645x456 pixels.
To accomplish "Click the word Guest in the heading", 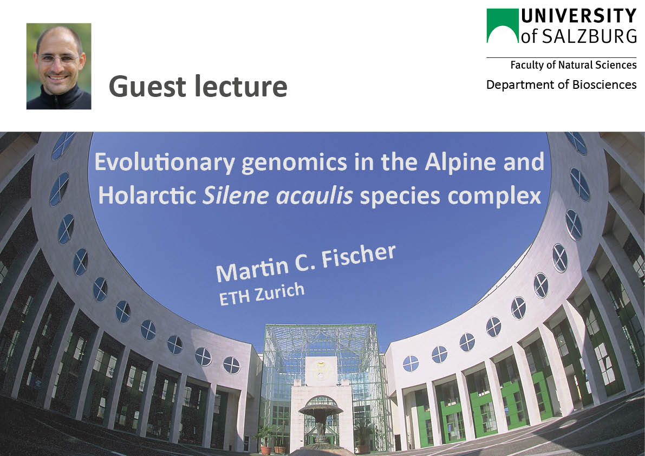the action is [147, 87].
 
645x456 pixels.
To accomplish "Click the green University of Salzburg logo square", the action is [502, 25].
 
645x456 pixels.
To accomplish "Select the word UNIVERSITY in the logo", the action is [579, 16].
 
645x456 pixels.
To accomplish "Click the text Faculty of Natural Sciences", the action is [574, 65].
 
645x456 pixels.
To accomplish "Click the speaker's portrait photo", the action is [59, 66].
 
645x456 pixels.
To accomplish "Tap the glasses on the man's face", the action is [58, 58].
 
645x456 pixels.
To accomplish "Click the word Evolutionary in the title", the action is [165, 162].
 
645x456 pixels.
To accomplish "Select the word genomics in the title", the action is [294, 163].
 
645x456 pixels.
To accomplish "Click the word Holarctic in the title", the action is [147, 195].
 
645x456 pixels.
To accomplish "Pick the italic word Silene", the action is [236, 196].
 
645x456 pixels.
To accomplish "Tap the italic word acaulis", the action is [315, 196].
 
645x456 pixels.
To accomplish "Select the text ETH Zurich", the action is [262, 295].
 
